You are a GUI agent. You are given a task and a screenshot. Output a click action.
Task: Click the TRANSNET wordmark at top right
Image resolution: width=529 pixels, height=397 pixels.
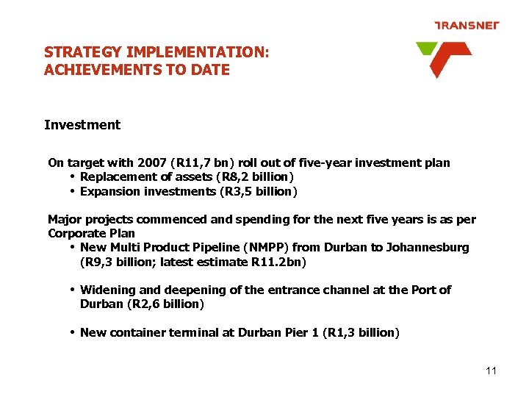(x=467, y=25)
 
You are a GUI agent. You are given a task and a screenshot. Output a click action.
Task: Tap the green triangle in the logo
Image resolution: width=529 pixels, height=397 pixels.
(x=425, y=49)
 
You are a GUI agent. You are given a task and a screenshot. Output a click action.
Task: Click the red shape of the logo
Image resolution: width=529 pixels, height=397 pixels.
(x=446, y=58)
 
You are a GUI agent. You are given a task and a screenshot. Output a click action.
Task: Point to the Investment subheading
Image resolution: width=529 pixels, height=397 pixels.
(x=82, y=125)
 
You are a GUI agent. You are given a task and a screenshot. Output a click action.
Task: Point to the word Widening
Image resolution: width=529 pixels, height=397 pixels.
(x=107, y=290)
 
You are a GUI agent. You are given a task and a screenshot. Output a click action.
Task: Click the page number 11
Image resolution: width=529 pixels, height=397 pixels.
(x=492, y=371)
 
